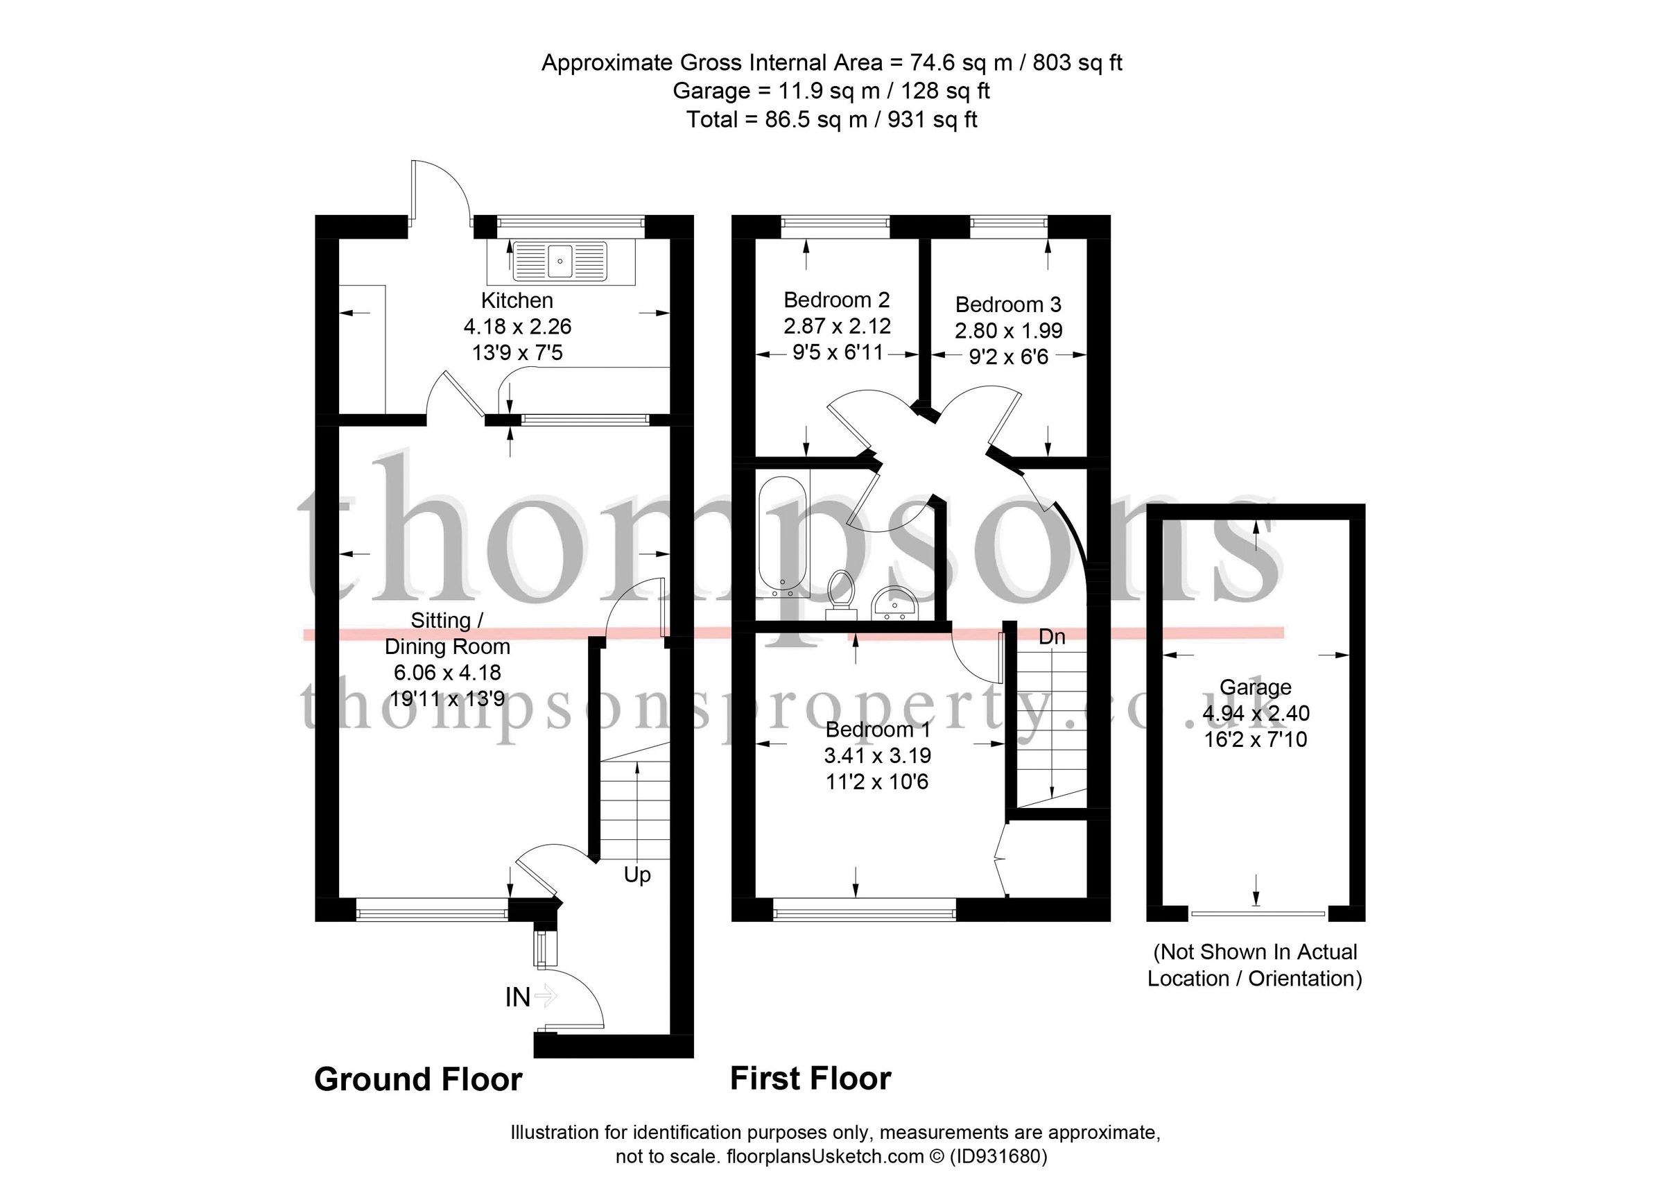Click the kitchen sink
click(x=560, y=262)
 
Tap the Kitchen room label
click(x=517, y=300)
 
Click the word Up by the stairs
click(x=637, y=875)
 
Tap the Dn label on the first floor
click(x=1051, y=637)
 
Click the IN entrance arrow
click(x=545, y=996)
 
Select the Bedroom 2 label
click(x=836, y=300)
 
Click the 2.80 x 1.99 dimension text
click(x=1008, y=331)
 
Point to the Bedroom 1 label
click(x=878, y=730)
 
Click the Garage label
click(x=1256, y=687)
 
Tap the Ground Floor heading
click(x=418, y=1079)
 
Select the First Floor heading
click(x=811, y=1079)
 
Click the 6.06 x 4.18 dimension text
click(x=448, y=672)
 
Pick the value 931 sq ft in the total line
click(x=933, y=119)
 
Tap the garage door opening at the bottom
click(x=1258, y=913)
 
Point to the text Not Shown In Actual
click(x=1255, y=952)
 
